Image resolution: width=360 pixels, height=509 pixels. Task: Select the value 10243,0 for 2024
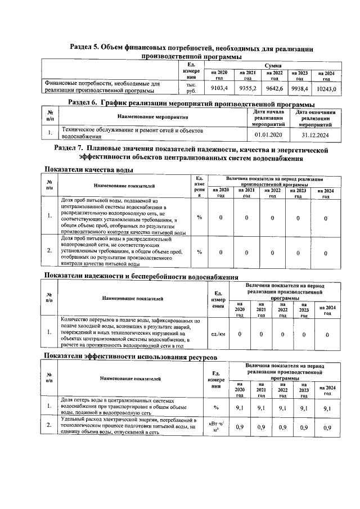coord(326,89)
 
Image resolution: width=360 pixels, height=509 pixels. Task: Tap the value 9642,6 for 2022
coord(274,88)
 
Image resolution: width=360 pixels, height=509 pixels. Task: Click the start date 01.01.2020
coord(268,135)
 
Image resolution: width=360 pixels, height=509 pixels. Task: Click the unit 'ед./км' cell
coord(217,334)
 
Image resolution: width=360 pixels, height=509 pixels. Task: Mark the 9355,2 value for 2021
coord(247,88)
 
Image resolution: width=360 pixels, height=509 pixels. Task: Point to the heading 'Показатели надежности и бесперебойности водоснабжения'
coord(141,276)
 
